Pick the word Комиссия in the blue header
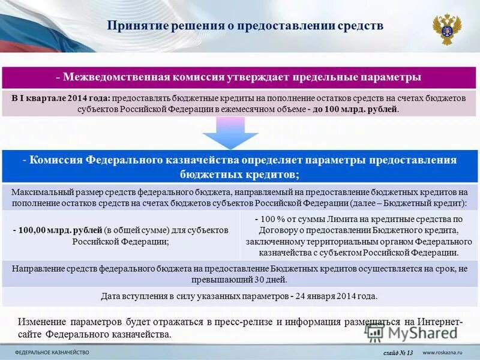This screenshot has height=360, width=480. (56, 160)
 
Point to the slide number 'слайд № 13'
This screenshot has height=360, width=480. (398, 352)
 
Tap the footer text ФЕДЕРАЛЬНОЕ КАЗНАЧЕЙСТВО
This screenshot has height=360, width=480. (52, 352)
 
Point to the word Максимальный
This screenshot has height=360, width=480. (42, 193)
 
